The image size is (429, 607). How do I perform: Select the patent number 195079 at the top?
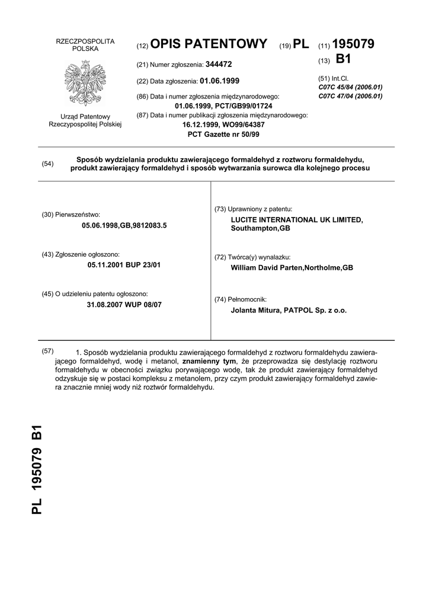(x=354, y=44)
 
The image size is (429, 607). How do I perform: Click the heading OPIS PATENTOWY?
(x=209, y=44)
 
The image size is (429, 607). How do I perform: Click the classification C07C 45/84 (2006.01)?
(x=350, y=87)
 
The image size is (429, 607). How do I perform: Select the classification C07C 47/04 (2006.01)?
(x=350, y=95)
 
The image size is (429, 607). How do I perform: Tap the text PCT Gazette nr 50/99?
(x=223, y=134)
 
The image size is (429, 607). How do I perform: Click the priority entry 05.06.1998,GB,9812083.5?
(x=124, y=225)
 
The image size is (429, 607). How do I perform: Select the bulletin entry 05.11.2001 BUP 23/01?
(x=124, y=265)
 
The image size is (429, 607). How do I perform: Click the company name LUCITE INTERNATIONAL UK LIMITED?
(x=296, y=219)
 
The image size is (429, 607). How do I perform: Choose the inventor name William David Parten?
(x=266, y=267)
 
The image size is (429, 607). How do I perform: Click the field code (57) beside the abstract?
(x=48, y=350)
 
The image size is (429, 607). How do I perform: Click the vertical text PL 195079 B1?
(x=37, y=469)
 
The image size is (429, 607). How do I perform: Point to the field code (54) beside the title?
(x=48, y=164)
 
